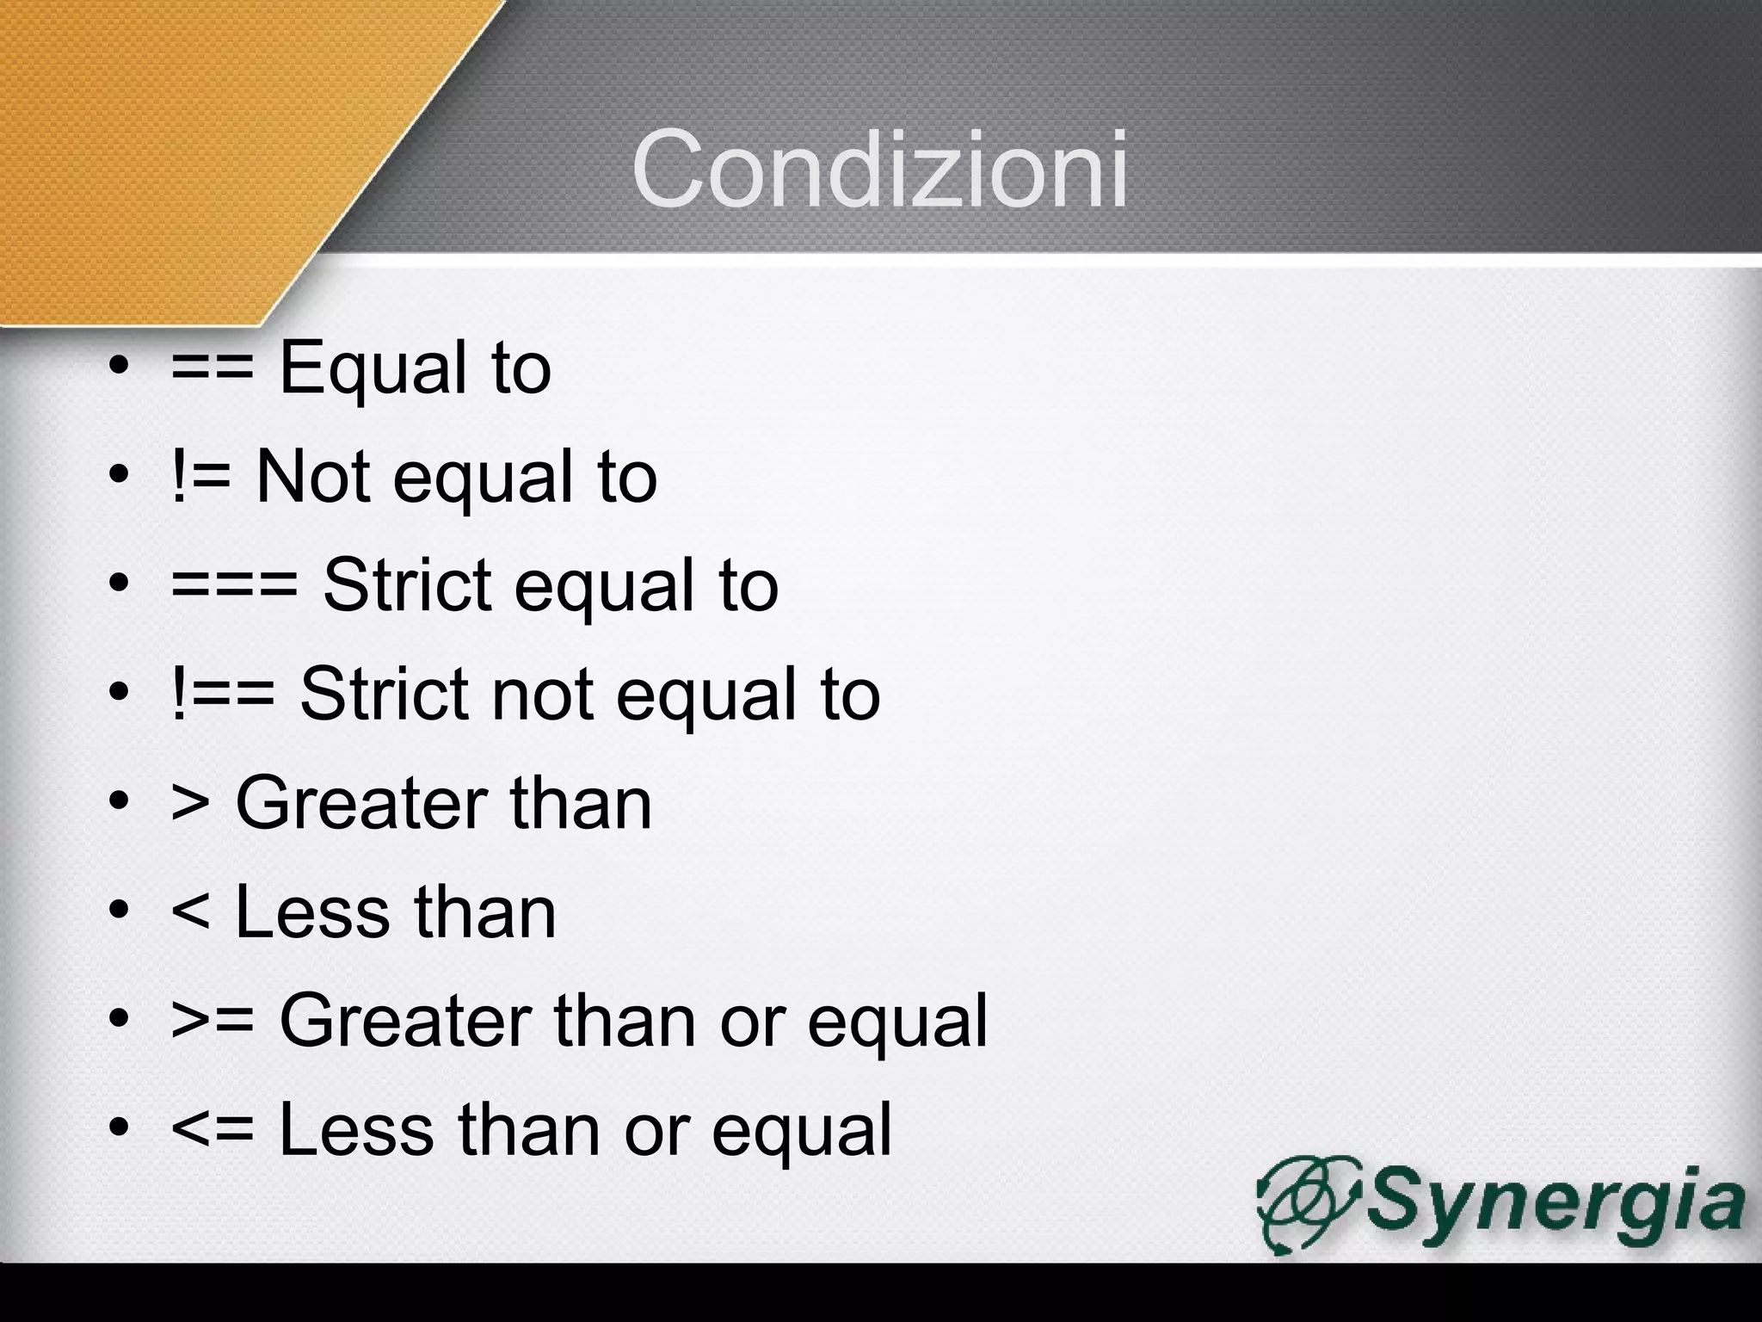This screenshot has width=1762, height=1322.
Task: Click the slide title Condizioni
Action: (x=879, y=169)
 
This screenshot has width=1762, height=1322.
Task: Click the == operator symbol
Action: (x=213, y=369)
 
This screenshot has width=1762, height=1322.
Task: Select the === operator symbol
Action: (x=234, y=586)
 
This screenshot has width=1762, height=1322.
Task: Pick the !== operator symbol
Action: (x=223, y=695)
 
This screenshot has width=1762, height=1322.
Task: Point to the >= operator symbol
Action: (x=213, y=1022)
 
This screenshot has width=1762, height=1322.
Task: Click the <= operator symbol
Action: (x=213, y=1130)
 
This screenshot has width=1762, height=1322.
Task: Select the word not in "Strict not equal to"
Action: (x=542, y=695)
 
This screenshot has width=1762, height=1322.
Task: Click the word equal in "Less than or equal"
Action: (x=802, y=1130)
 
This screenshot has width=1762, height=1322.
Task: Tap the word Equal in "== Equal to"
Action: (x=369, y=369)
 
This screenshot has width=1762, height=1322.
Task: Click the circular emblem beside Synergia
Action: (x=1308, y=1203)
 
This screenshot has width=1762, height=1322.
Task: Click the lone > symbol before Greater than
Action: (x=190, y=803)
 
